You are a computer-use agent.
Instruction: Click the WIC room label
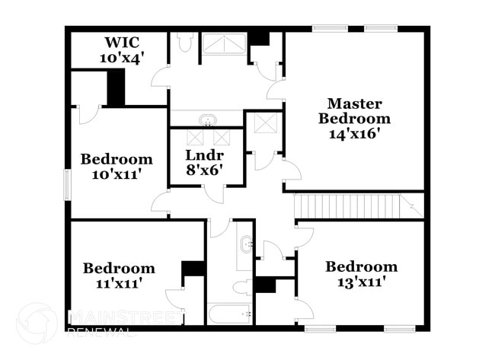click(122, 41)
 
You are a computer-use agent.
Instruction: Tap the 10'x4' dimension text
click(122, 56)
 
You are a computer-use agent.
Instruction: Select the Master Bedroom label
click(354, 111)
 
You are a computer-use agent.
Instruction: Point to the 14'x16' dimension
click(354, 134)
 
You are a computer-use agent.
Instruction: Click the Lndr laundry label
click(204, 155)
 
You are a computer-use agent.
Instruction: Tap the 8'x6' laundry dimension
click(204, 170)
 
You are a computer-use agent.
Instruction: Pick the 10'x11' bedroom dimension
click(117, 174)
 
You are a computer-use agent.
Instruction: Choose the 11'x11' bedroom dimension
click(118, 283)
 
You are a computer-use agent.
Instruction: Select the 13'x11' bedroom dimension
click(361, 282)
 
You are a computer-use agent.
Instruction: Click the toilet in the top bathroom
click(185, 43)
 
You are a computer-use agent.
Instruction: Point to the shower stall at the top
click(225, 44)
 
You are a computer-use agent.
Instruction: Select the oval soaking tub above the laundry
click(206, 119)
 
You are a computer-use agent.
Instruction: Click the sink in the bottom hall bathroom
click(245, 244)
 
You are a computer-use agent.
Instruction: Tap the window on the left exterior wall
click(67, 184)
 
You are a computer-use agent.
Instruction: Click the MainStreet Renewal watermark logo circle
click(37, 322)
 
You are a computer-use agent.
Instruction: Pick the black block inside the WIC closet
click(116, 88)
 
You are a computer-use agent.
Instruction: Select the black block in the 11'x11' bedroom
click(193, 268)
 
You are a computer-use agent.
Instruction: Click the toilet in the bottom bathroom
click(243, 286)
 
